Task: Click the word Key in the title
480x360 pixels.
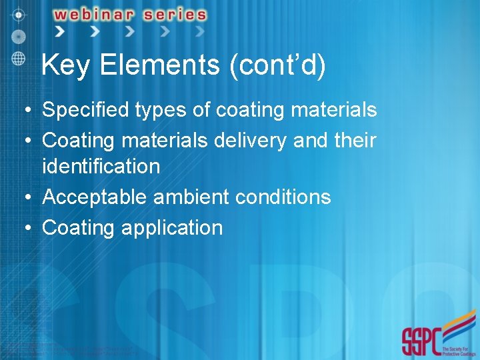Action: [65, 66]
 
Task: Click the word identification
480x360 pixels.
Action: [101, 166]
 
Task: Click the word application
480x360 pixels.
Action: [171, 228]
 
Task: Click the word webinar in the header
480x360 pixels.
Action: [101, 14]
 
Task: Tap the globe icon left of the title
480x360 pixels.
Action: [19, 57]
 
